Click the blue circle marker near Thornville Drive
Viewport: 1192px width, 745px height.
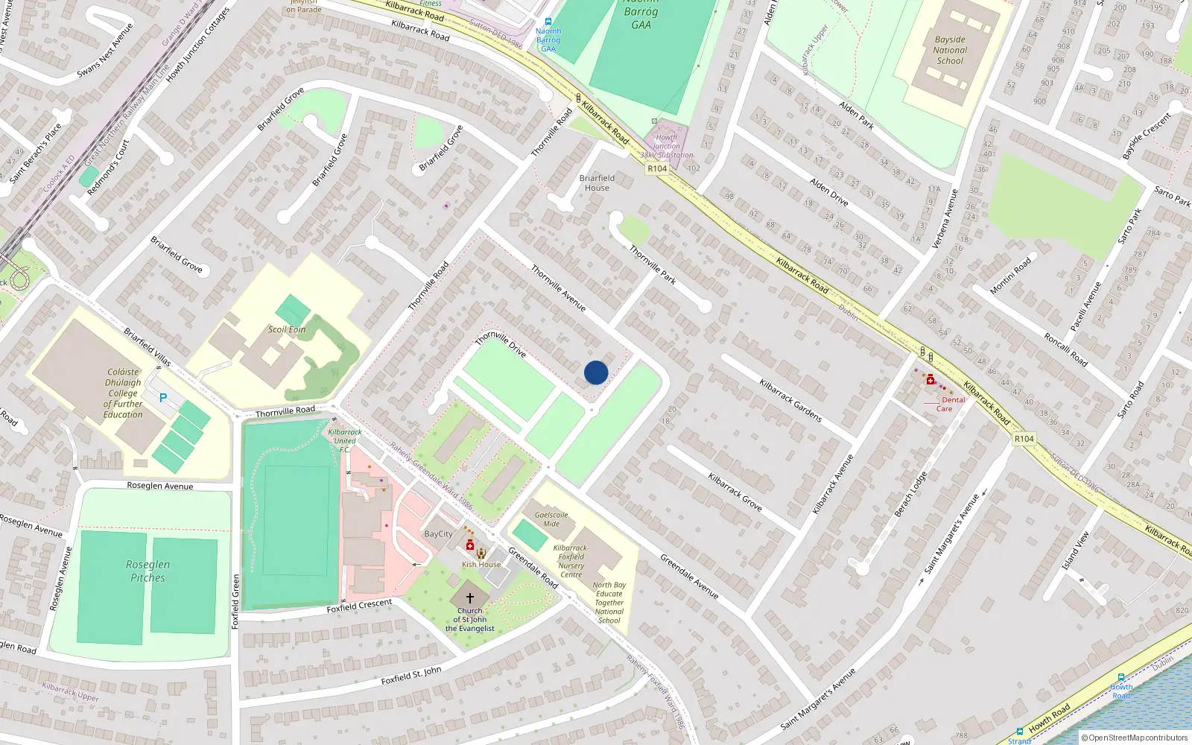click(x=596, y=372)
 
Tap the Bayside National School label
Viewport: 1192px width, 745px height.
click(x=950, y=51)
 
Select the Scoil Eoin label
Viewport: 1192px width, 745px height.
click(x=287, y=329)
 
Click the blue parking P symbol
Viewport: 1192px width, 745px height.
click(x=163, y=398)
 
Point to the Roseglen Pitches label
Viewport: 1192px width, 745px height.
click(x=148, y=571)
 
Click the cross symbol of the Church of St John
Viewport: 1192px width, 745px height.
click(x=470, y=597)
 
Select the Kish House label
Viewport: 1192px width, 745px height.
click(x=481, y=564)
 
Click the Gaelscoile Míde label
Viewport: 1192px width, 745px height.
click(x=551, y=519)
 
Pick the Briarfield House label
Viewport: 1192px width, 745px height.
click(x=597, y=183)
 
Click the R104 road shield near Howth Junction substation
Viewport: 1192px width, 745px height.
click(x=657, y=168)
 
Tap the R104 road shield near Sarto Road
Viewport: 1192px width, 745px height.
click(x=1024, y=439)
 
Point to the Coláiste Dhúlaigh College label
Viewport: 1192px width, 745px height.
click(x=123, y=393)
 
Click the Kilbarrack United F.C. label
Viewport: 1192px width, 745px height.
click(x=345, y=440)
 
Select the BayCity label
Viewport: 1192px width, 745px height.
click(x=438, y=533)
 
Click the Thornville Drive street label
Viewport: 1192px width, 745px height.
click(x=501, y=343)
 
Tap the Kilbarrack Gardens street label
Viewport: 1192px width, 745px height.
click(x=790, y=400)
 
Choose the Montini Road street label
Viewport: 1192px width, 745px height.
click(x=1011, y=276)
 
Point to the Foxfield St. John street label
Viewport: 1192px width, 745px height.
click(x=411, y=676)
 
